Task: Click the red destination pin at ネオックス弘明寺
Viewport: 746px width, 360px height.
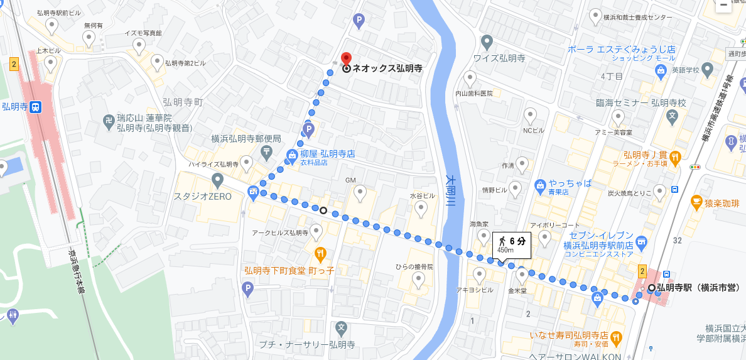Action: point(346,60)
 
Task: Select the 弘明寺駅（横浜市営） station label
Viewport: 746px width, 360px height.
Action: point(698,288)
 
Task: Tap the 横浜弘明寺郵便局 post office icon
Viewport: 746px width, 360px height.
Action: point(267,151)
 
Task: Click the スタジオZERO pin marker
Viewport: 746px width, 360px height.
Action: point(218,181)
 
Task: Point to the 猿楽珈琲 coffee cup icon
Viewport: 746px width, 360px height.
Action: point(696,202)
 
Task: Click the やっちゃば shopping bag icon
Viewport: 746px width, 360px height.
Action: point(540,184)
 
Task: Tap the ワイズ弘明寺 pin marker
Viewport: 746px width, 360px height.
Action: point(487,43)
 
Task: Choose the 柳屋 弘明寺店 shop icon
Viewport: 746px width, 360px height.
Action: point(292,154)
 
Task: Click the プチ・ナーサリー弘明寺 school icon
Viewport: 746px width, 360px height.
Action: point(341,328)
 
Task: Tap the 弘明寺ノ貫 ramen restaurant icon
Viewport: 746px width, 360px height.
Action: point(675,158)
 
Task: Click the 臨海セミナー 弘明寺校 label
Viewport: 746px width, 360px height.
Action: point(641,102)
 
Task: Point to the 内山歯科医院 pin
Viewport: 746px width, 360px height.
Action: point(470,79)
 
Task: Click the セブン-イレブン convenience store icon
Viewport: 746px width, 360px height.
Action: point(641,242)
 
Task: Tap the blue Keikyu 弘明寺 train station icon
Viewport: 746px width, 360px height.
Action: point(36,107)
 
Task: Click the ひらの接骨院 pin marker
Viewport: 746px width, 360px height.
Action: point(419,279)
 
